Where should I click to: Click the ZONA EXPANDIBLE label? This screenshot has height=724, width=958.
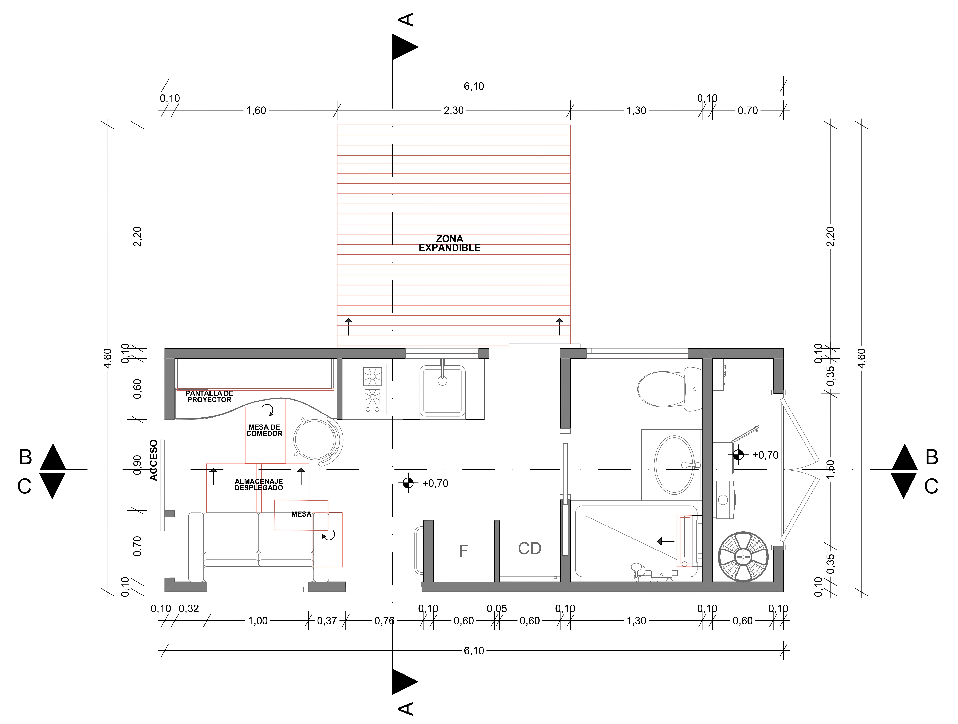point(450,243)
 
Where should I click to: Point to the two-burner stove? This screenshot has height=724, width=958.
point(372,389)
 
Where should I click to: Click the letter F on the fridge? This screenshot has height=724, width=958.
point(463,551)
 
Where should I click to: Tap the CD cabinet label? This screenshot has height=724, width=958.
point(530,549)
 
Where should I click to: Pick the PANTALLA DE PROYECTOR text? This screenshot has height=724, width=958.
point(210,396)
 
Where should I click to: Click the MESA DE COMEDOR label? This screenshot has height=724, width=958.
point(264,430)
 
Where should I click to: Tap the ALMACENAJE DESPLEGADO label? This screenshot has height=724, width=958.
point(259,484)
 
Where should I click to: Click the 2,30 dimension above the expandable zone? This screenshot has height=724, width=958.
point(454,111)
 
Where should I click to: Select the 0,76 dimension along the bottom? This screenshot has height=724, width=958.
point(384,621)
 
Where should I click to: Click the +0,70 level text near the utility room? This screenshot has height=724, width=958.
point(765,455)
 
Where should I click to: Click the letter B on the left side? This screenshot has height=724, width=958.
point(26,457)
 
